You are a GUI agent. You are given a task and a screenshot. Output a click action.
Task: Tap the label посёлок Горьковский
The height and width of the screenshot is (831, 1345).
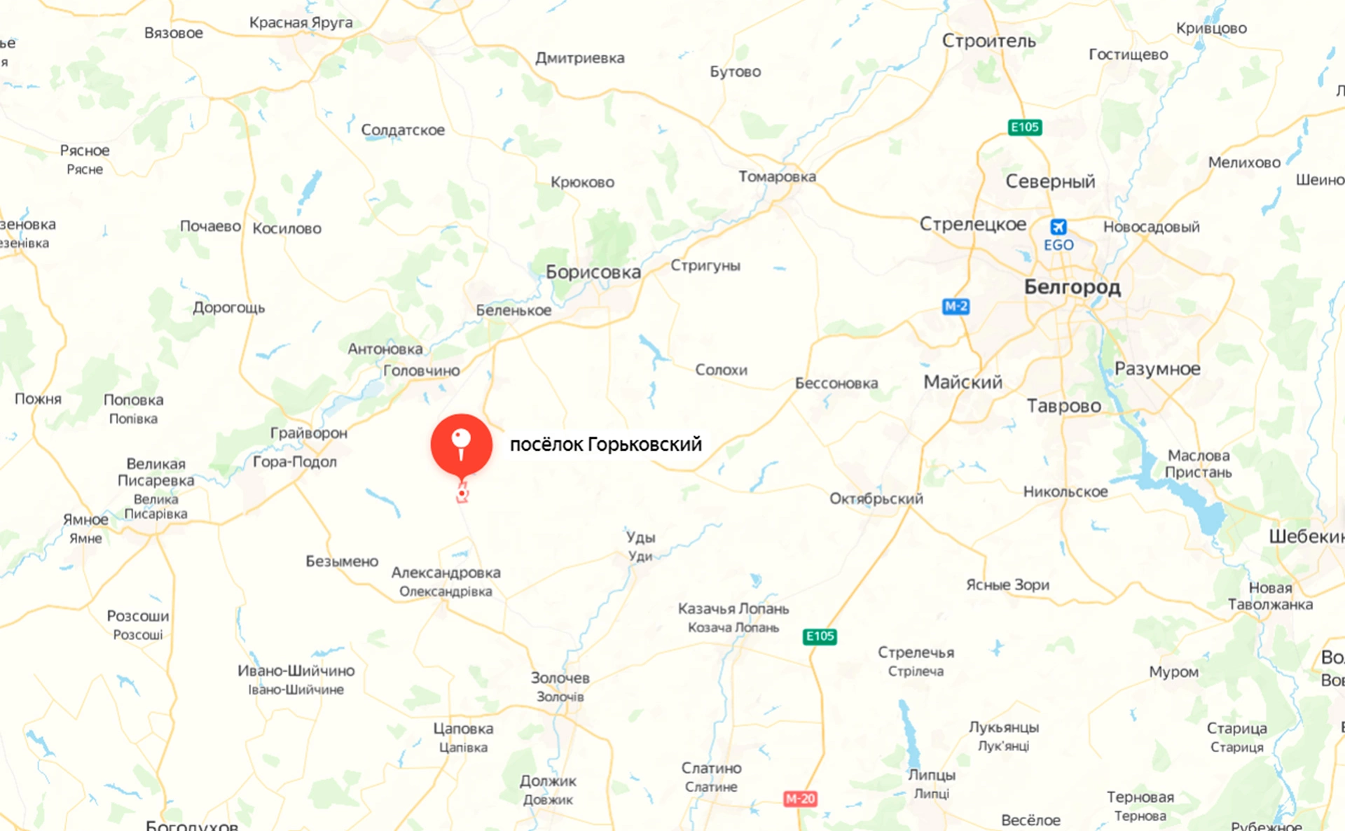[x=605, y=445]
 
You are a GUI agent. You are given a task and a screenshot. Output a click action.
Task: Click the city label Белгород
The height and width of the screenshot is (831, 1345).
[x=1072, y=286]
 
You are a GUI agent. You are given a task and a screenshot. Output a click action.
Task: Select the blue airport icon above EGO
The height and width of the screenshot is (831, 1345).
[x=1058, y=227]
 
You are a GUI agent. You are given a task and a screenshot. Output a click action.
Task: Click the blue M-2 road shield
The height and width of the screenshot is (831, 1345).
[x=956, y=306]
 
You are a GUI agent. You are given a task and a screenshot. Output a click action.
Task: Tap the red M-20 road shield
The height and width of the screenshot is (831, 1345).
[x=799, y=798]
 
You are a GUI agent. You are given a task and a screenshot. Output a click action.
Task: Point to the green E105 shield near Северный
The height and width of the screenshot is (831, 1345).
[x=1024, y=127]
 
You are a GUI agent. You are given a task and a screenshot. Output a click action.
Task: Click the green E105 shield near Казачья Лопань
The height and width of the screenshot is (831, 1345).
[x=820, y=636]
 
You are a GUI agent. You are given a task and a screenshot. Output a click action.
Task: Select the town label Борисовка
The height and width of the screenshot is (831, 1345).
[x=593, y=272]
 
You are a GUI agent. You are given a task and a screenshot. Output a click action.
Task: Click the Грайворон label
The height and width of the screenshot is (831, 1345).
[x=308, y=433]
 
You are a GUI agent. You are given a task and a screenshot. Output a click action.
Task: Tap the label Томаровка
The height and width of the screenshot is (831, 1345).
[x=777, y=176]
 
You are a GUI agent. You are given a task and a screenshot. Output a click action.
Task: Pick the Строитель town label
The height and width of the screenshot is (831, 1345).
[x=988, y=41]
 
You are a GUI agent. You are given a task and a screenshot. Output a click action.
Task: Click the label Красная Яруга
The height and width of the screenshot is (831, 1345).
[x=301, y=22]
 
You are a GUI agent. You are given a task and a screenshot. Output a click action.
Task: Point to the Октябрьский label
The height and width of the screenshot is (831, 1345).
[x=876, y=498]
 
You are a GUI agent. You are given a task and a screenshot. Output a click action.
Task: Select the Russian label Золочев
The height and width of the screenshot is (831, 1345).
[x=560, y=678]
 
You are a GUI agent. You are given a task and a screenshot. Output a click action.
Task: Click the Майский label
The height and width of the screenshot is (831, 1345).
[x=963, y=382]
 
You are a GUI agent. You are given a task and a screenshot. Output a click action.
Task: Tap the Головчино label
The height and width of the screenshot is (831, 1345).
[x=421, y=370]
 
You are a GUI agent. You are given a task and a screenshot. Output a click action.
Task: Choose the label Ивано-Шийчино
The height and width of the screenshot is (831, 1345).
[x=296, y=671]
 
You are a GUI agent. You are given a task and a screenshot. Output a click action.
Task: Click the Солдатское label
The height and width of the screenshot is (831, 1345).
[x=403, y=130]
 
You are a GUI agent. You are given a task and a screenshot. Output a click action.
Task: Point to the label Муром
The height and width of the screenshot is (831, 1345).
[x=1173, y=671]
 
